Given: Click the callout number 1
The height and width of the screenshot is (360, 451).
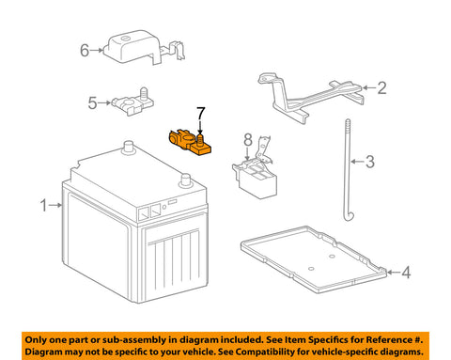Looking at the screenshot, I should pyautogui.click(x=42, y=204).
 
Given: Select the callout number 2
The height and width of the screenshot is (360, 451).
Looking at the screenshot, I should pyautogui.click(x=381, y=89).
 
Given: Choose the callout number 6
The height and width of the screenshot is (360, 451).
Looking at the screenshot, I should pyautogui.click(x=84, y=51).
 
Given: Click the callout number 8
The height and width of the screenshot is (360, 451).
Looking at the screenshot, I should pyautogui.click(x=248, y=140).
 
